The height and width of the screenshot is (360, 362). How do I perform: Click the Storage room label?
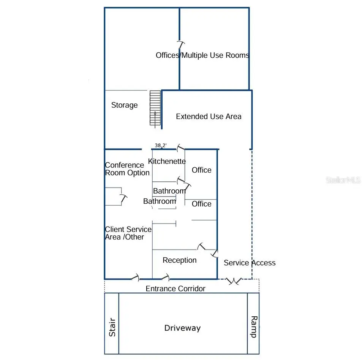(x=125, y=105)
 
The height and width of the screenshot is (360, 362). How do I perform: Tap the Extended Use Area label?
(x=209, y=116)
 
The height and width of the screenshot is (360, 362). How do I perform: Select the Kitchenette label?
(x=167, y=161)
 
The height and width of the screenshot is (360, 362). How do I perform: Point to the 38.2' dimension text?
(x=160, y=145)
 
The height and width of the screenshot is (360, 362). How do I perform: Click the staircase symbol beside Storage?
(x=155, y=108)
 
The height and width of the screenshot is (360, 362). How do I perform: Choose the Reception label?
(x=180, y=260)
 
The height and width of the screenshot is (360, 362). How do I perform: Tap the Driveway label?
(x=182, y=328)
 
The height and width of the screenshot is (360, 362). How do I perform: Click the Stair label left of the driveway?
(x=112, y=327)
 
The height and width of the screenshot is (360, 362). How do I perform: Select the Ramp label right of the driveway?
(x=254, y=327)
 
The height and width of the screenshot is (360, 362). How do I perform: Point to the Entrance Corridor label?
(x=175, y=289)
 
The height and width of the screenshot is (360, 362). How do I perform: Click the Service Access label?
(x=250, y=263)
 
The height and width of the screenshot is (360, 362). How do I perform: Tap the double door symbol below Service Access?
(x=234, y=281)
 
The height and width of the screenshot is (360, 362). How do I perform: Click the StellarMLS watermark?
(x=343, y=180)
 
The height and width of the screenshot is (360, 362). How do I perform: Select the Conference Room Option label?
(x=127, y=169)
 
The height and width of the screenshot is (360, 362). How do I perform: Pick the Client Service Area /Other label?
(x=128, y=233)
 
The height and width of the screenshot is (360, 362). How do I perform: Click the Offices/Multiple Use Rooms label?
(x=202, y=55)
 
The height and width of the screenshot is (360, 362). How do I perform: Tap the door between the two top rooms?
(x=181, y=45)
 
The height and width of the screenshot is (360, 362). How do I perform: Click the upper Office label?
(x=202, y=170)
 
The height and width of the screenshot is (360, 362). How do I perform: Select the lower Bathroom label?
(x=160, y=201)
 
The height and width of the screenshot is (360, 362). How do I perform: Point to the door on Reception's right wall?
(x=215, y=254)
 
